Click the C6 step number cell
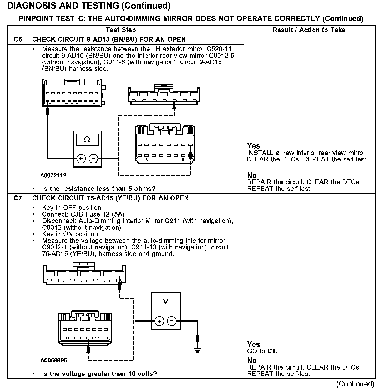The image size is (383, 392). click(x=18, y=40)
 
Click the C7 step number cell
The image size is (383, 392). click(x=18, y=198)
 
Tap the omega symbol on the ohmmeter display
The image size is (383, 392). click(x=87, y=140)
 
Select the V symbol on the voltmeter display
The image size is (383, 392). click(x=165, y=301)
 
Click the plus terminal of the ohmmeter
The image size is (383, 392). click(x=81, y=159)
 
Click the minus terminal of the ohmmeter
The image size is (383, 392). click(x=93, y=159)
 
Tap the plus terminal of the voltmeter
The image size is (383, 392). click(x=159, y=321)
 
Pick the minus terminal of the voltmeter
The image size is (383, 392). click(x=172, y=321)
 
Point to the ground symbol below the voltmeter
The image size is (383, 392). click(x=198, y=350)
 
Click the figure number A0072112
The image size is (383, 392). click(x=53, y=175)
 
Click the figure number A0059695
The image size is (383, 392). click(x=54, y=360)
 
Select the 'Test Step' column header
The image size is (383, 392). click(x=121, y=30)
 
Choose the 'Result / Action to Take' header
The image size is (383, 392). click(x=309, y=30)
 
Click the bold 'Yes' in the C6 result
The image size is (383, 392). click(x=253, y=146)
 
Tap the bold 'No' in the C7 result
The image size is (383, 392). click(x=252, y=360)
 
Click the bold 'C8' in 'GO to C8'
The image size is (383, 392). click(x=272, y=351)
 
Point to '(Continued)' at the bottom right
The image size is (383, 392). click(x=355, y=384)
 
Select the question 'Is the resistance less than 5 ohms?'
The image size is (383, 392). click(x=99, y=189)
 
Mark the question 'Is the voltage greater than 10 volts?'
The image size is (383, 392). click(x=99, y=374)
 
